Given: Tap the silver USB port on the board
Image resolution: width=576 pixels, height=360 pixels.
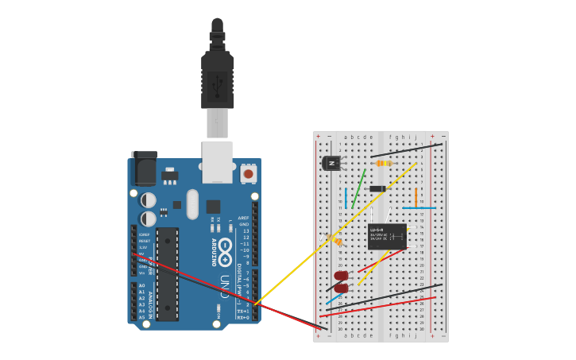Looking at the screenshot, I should click(x=217, y=161).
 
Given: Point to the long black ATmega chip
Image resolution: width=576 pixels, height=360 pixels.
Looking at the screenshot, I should click(x=167, y=274).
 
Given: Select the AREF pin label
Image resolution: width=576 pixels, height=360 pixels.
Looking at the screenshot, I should click(x=244, y=217).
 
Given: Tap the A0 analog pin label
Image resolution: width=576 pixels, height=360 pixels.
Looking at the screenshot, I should click(x=142, y=285).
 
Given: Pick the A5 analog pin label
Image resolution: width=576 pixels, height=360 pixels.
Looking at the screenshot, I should click(x=142, y=317).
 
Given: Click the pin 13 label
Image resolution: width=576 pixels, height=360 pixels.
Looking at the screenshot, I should click(x=245, y=230).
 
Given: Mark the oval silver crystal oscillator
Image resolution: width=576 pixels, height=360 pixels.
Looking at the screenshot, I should click(x=192, y=204).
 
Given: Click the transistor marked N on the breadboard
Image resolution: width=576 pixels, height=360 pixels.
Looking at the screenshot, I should click(x=331, y=163).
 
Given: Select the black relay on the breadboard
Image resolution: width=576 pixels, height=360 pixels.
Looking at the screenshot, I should click(x=387, y=236).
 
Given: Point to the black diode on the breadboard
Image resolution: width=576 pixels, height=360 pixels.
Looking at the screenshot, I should click(x=377, y=188).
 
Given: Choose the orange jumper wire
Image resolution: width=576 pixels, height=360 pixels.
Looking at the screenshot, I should click(x=416, y=197).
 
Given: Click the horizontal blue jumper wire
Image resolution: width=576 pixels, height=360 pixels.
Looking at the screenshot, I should click(x=419, y=208).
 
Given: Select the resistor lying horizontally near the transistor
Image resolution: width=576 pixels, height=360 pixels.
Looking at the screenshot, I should click(x=384, y=163).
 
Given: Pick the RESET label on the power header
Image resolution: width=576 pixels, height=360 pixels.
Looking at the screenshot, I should click(x=145, y=241).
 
